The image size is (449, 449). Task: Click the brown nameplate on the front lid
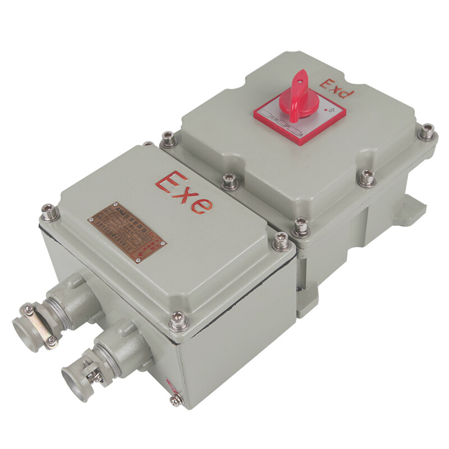[126, 231]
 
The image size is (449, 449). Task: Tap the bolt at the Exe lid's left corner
[47, 212]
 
